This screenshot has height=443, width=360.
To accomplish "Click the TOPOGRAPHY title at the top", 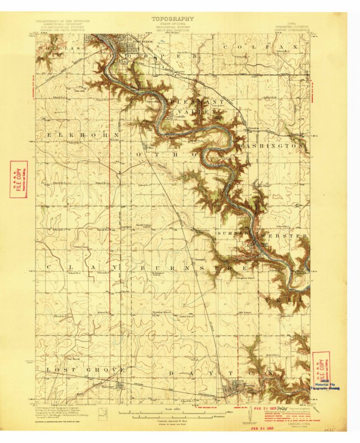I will (x=173, y=18).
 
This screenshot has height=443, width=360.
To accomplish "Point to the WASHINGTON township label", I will (x=271, y=145).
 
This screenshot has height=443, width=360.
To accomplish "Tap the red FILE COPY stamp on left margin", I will (x=18, y=180).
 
